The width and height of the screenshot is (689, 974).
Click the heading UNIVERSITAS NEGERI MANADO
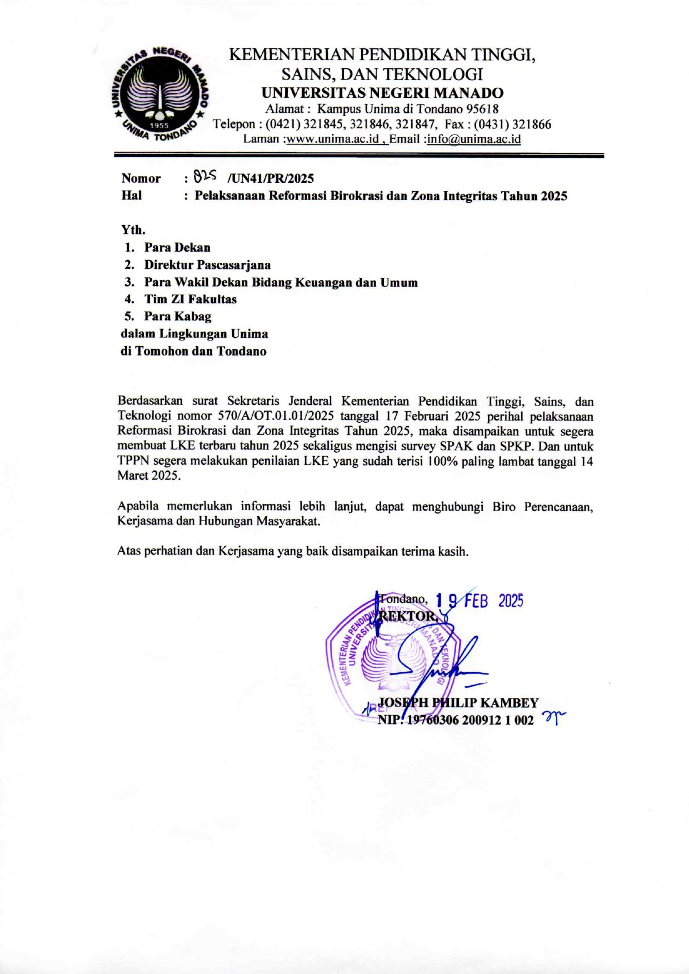pyautogui.click(x=382, y=93)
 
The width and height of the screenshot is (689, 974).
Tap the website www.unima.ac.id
pyautogui.click(x=332, y=139)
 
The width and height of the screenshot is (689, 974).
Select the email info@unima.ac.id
pyautogui.click(x=474, y=139)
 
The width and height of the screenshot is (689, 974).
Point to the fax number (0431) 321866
pyautogui.click(x=512, y=124)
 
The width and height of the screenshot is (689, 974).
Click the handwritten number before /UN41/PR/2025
pyautogui.click(x=204, y=177)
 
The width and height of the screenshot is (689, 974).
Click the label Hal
pyautogui.click(x=132, y=196)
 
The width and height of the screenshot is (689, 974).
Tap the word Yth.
pyautogui.click(x=133, y=229)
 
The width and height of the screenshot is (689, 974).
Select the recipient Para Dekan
pyautogui.click(x=177, y=247)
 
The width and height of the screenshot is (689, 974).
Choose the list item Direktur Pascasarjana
pyautogui.click(x=207, y=264)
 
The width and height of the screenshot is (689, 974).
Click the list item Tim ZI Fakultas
pyautogui.click(x=191, y=299)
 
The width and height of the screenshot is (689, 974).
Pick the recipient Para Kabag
pyautogui.click(x=178, y=316)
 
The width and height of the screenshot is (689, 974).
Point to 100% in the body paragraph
pyautogui.click(x=441, y=461)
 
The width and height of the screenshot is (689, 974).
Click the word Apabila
pyautogui.click(x=138, y=506)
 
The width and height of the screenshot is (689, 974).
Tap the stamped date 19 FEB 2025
pyautogui.click(x=479, y=601)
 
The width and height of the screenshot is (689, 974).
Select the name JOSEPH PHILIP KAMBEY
pyautogui.click(x=458, y=703)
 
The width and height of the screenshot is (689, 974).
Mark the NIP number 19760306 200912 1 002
pyautogui.click(x=470, y=720)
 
